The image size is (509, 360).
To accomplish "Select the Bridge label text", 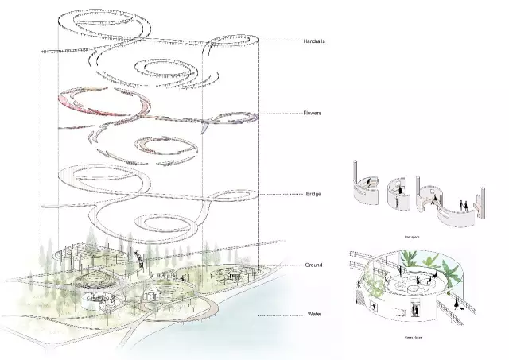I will pyautogui.click(x=313, y=194).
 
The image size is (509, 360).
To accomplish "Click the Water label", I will pyautogui.click(x=315, y=315).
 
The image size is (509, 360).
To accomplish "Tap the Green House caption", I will pyautogui.click(x=411, y=337).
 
